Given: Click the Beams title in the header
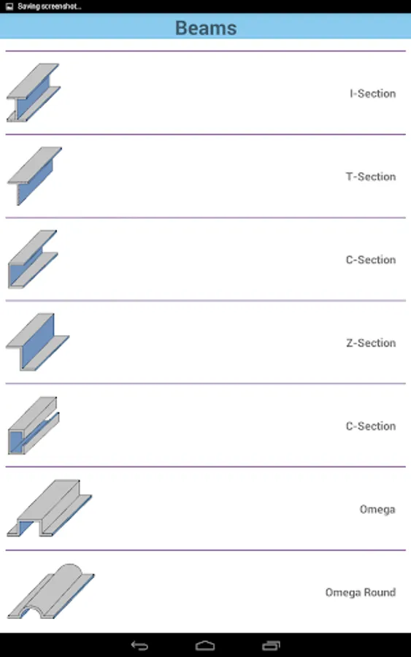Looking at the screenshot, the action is [x=206, y=28].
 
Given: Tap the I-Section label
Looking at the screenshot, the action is [x=373, y=93].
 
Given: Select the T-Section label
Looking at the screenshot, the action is [x=371, y=177].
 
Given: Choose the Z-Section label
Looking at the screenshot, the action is [x=371, y=343].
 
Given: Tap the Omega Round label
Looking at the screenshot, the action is [x=361, y=592].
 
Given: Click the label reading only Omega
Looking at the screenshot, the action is [x=377, y=509].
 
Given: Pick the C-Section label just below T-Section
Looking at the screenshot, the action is [x=371, y=260].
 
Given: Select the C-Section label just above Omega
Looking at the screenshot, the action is [x=371, y=426].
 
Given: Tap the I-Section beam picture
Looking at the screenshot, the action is [x=33, y=93].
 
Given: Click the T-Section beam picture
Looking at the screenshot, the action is [x=34, y=176].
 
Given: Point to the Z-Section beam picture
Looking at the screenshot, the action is [x=37, y=342].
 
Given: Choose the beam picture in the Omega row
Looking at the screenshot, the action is [x=50, y=508].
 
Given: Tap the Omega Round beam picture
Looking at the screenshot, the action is [x=50, y=591].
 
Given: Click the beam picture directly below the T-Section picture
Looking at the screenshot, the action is [x=33, y=259].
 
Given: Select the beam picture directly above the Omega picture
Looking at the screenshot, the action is [x=34, y=426].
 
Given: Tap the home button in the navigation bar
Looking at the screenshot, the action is [x=205, y=646].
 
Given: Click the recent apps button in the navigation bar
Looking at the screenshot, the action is [x=271, y=646].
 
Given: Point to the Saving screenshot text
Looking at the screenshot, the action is [x=50, y=7].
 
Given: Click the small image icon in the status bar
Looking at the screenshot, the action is [x=9, y=7].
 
